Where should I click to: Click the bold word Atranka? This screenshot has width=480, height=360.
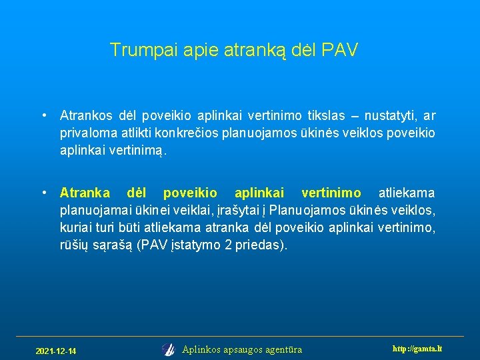pos(85,193)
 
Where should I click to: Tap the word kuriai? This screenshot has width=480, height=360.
pos(75,228)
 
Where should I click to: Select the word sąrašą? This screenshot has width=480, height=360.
pos(113,245)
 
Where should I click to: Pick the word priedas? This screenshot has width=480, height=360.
pos(262,245)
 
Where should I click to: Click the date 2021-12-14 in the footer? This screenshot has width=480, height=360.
pos(56,351)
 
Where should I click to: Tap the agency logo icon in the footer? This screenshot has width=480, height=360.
pos(168,349)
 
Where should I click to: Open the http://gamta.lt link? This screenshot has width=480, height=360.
pos(417,349)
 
